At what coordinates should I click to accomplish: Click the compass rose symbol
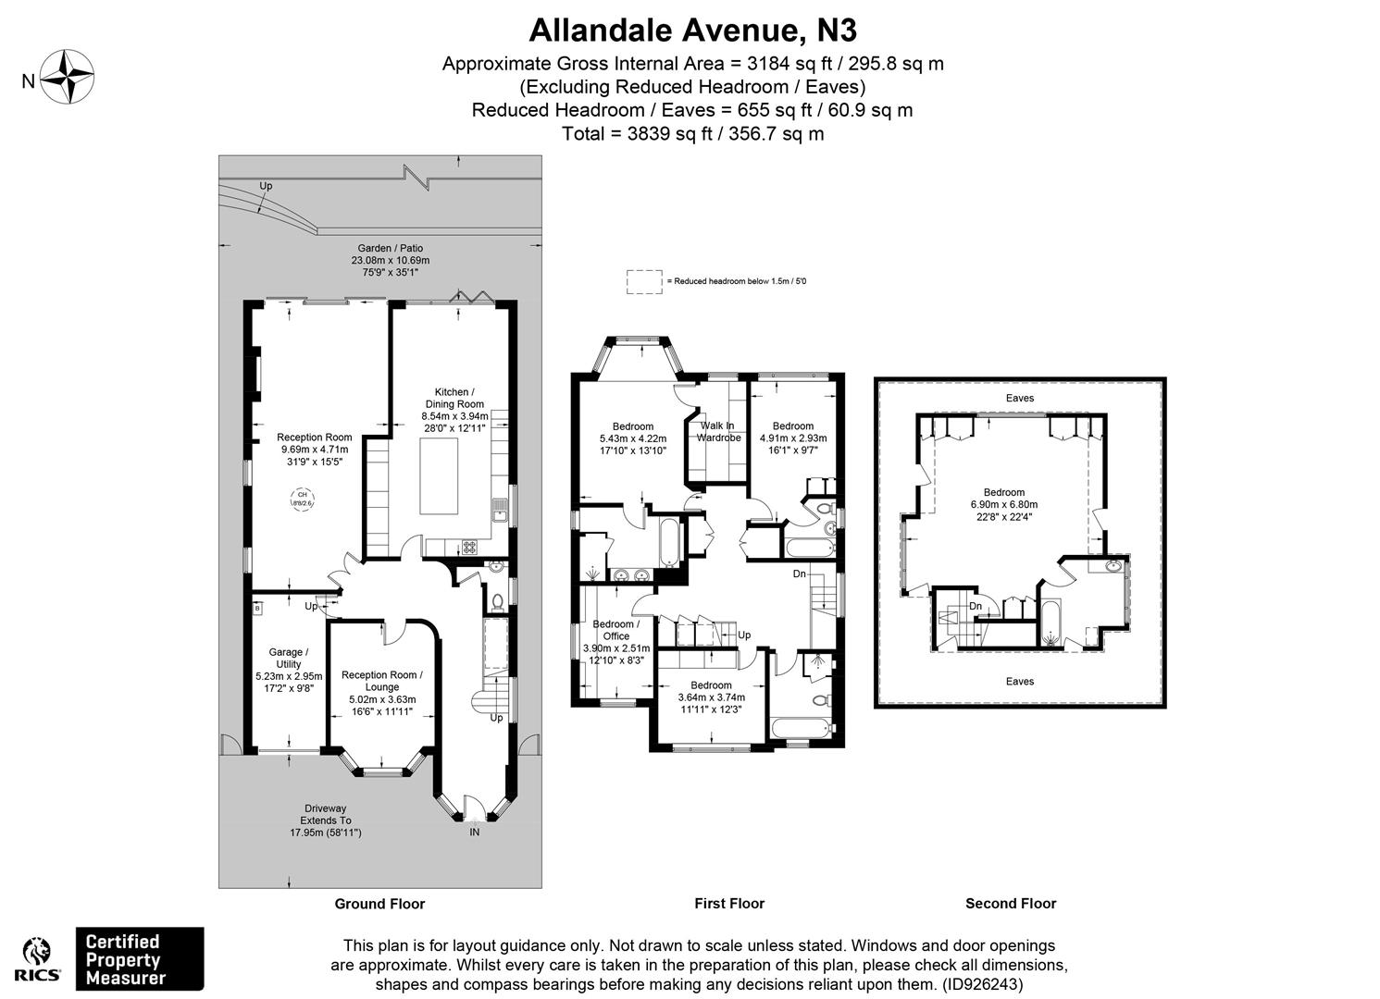[x=70, y=77]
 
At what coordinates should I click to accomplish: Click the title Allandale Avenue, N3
[x=692, y=31]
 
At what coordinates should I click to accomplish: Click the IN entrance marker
[x=474, y=832]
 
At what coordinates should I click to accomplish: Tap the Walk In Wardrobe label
[x=718, y=431]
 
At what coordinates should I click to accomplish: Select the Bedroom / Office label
[x=616, y=630]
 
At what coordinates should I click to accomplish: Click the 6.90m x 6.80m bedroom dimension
[x=1004, y=504]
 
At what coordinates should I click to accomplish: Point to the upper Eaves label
[x=1019, y=398]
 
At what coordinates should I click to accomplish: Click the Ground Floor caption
[x=379, y=904]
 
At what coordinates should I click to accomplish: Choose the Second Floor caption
[x=1011, y=904]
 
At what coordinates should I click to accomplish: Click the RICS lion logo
[x=42, y=957]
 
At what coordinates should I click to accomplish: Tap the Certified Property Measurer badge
[x=139, y=958]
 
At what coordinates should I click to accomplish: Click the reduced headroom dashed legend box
[x=644, y=281]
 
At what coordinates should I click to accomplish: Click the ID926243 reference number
[x=983, y=985]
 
